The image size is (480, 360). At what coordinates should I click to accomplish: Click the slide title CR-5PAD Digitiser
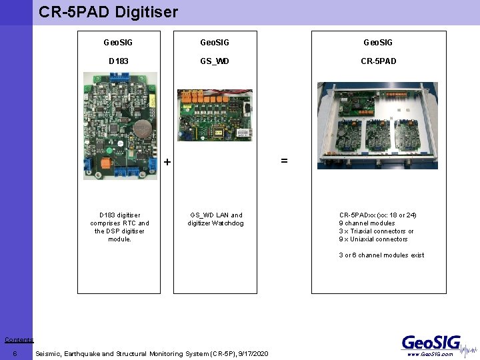[x=108, y=12]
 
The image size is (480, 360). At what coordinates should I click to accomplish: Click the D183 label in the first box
[x=119, y=61]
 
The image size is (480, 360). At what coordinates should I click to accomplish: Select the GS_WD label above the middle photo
[x=215, y=61]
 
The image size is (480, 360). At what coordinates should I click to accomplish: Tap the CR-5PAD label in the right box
[x=378, y=61]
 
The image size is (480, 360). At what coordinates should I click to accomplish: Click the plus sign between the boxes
[x=167, y=162]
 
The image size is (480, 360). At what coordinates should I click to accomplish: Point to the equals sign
[x=284, y=161]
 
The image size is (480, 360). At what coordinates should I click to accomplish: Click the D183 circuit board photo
[x=120, y=126]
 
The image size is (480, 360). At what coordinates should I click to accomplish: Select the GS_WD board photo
[x=215, y=115]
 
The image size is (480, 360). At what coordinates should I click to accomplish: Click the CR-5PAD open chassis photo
[x=377, y=125]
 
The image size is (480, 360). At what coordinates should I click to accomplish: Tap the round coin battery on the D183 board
[x=141, y=127]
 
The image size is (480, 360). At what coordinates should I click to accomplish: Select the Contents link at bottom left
[x=19, y=340]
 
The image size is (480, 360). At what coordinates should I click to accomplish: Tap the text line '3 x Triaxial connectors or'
[x=376, y=231]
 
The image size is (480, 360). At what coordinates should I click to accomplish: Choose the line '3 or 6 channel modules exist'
[x=381, y=255]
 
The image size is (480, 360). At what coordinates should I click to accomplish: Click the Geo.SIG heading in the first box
[x=119, y=43]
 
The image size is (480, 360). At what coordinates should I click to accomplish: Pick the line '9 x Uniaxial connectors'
[x=373, y=239]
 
